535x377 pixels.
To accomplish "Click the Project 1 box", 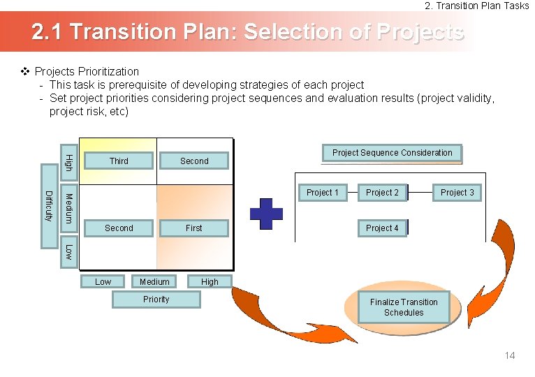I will coord(323,193).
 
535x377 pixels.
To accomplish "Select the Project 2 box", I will coord(382,193).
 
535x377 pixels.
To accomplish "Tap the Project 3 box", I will coord(457,193).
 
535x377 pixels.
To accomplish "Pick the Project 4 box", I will coord(382,228).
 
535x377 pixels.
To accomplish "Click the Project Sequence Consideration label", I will coord(392,153).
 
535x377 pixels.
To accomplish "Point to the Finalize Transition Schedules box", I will coord(404,307).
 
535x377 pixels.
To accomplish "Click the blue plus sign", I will coord(266,213).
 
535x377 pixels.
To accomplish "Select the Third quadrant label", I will coord(119,161).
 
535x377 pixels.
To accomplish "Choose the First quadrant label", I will coord(194,228).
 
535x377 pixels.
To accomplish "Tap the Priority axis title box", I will coord(156,300).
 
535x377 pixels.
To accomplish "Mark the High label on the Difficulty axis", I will coord(68,158).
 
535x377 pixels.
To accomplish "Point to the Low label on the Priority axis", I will coord(103,282).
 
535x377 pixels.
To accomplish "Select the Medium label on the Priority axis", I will coord(154,282).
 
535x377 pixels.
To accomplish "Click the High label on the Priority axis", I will coord(210,282).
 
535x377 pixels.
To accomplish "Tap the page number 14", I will coord(510,356).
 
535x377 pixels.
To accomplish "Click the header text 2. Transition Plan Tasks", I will coord(477,6).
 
